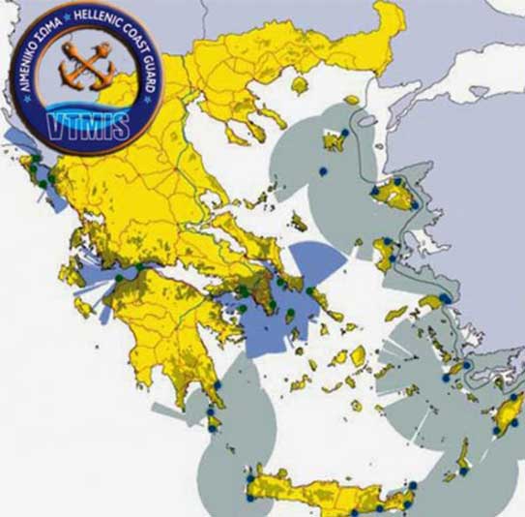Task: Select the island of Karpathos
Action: pyautogui.click(x=463, y=455)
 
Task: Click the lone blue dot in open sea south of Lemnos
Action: pyautogui.click(x=324, y=171)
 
